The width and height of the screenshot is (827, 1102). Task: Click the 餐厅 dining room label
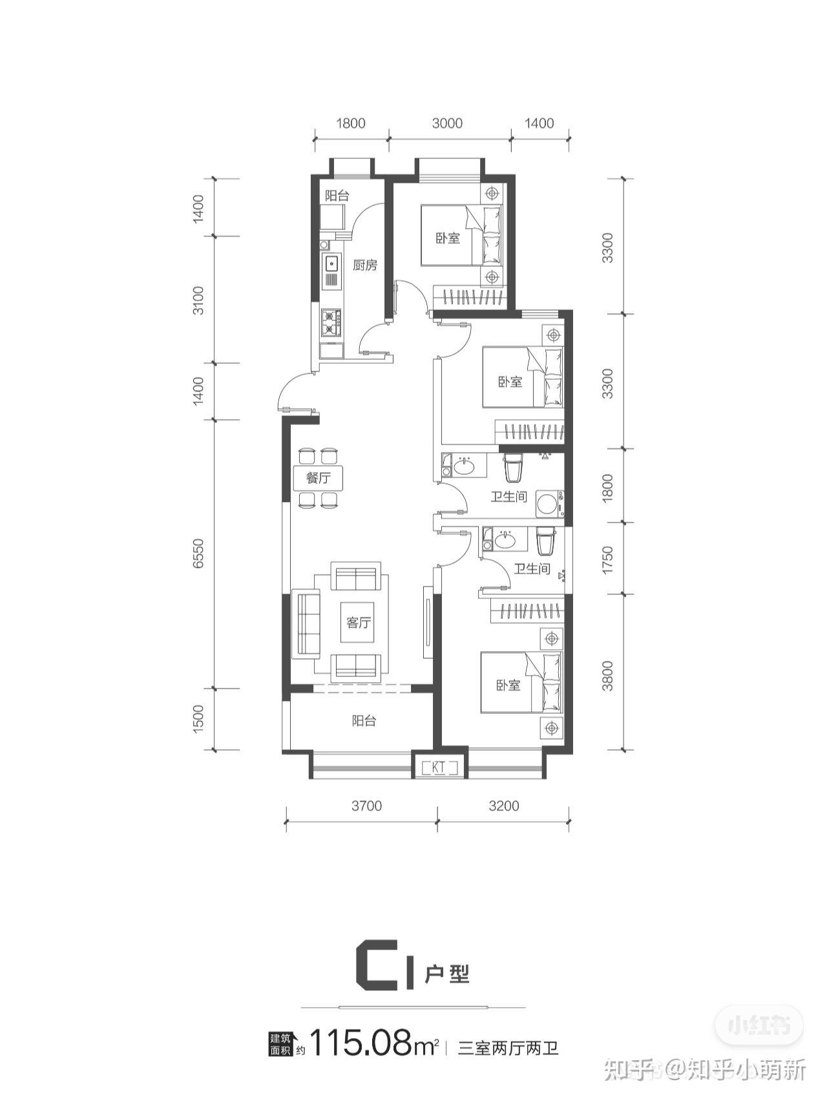(x=319, y=479)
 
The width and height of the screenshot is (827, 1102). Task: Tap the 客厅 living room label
(x=359, y=623)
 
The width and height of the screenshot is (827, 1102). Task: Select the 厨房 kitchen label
(x=364, y=265)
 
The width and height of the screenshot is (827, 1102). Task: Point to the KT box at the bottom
(x=439, y=767)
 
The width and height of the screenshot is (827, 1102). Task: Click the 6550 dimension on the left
(x=198, y=554)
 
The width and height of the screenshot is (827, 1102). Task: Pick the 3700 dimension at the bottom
(x=366, y=806)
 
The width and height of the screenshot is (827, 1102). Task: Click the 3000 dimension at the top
(x=447, y=123)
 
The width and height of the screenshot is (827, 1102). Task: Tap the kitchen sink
(x=331, y=263)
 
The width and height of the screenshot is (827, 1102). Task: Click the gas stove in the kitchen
(x=331, y=322)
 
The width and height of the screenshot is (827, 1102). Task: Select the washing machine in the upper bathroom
(x=549, y=504)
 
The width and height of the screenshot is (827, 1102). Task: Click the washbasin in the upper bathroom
(x=464, y=466)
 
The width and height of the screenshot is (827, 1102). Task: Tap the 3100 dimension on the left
(x=198, y=300)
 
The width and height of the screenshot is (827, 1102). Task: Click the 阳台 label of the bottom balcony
(x=364, y=721)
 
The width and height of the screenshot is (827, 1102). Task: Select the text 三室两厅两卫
(x=508, y=1047)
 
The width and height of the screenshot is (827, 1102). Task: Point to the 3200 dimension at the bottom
(x=504, y=806)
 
